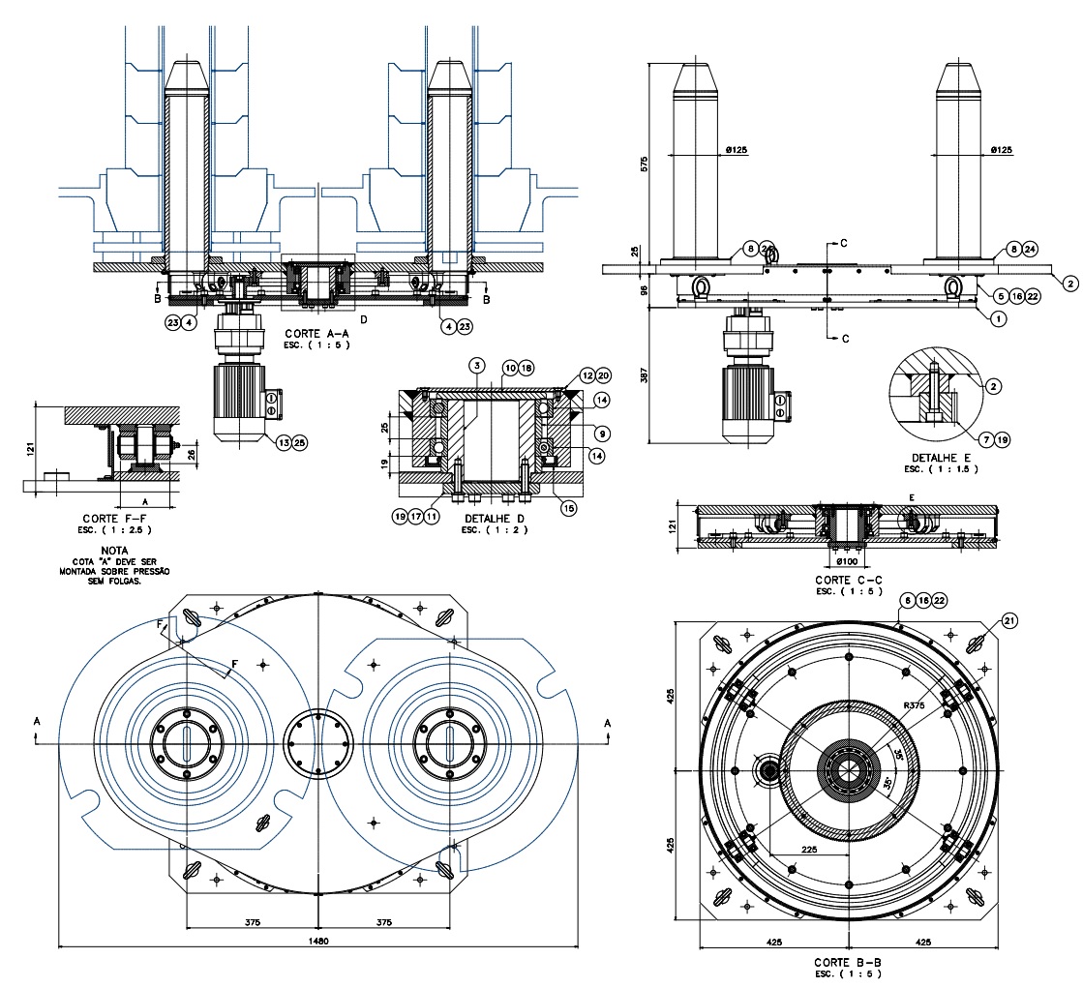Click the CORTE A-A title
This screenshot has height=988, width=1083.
pyautogui.click(x=316, y=333)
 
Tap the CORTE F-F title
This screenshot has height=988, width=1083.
pyautogui.click(x=115, y=519)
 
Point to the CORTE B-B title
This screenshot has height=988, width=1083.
pyautogui.click(x=848, y=963)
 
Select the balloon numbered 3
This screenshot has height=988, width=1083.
pyautogui.click(x=476, y=365)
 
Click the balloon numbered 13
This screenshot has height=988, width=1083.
pyautogui.click(x=283, y=441)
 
